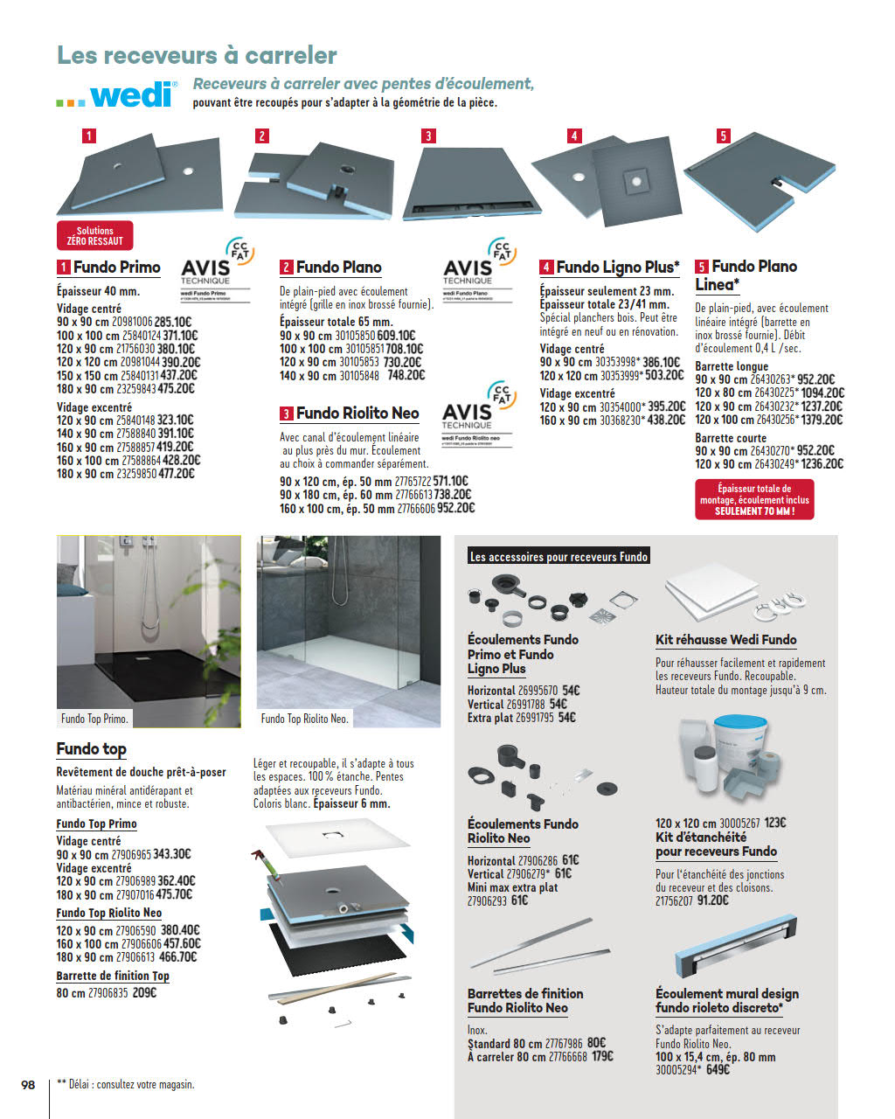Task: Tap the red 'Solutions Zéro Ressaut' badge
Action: click(94, 235)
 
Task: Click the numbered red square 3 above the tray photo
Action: click(428, 136)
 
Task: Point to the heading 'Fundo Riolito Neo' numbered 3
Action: click(357, 414)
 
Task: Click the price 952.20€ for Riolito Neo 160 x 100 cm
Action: click(455, 508)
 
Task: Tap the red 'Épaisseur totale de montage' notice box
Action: click(754, 500)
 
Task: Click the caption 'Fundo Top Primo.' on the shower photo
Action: click(94, 719)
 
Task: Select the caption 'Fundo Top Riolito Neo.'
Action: click(304, 719)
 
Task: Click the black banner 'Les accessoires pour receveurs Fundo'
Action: click(559, 557)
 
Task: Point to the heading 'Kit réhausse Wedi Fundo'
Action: click(725, 640)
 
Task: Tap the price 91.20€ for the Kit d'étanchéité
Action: click(712, 900)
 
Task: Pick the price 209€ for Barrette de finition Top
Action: click(144, 992)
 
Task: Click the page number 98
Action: click(28, 1084)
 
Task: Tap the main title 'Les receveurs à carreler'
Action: click(197, 55)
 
